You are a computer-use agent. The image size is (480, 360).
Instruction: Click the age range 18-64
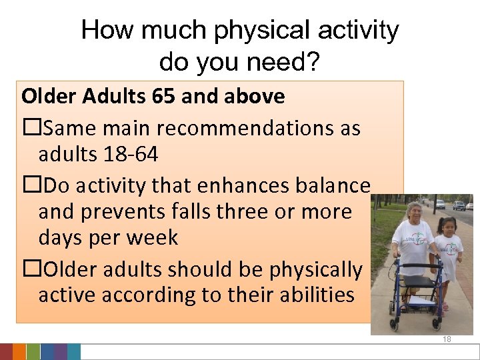pos(131,155)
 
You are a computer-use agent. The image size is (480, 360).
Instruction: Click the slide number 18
pos(447,339)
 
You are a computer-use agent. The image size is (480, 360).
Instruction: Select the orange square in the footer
pos(19,352)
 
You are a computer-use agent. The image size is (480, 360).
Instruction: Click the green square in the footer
pos(47,352)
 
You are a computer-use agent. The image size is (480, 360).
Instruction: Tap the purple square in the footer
pos(60,352)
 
